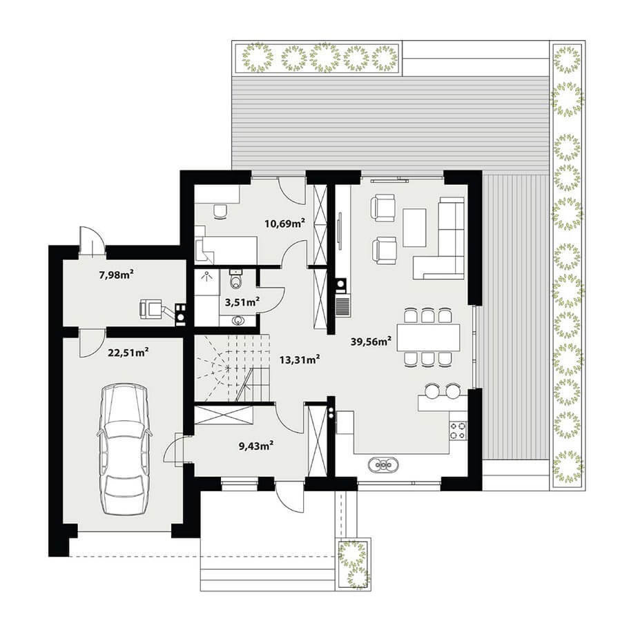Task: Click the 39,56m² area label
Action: pyautogui.click(x=371, y=342)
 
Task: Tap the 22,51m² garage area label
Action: pyautogui.click(x=128, y=353)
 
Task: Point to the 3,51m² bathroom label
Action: pyautogui.click(x=242, y=302)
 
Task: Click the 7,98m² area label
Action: pyautogui.click(x=116, y=275)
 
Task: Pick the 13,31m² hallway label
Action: pyautogui.click(x=299, y=359)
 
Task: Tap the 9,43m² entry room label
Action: pyautogui.click(x=256, y=446)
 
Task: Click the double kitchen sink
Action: pyautogui.click(x=383, y=465)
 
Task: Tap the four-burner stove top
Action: pyautogui.click(x=458, y=431)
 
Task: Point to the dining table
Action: pyautogui.click(x=429, y=337)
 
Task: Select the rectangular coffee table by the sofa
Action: pyautogui.click(x=414, y=227)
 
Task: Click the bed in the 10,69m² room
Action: pyautogui.click(x=226, y=250)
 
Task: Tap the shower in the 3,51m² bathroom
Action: pyautogui.click(x=207, y=282)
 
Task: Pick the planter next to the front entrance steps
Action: pyautogui.click(x=354, y=564)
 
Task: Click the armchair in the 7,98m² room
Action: pyautogui.click(x=151, y=308)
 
